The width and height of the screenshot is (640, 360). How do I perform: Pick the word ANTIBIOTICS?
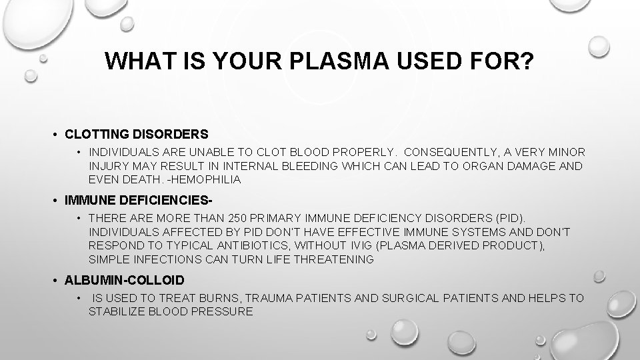pos(238,246)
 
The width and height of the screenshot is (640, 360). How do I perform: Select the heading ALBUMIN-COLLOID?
pos(124,280)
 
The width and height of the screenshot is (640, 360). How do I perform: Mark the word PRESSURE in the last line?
pos(222,311)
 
